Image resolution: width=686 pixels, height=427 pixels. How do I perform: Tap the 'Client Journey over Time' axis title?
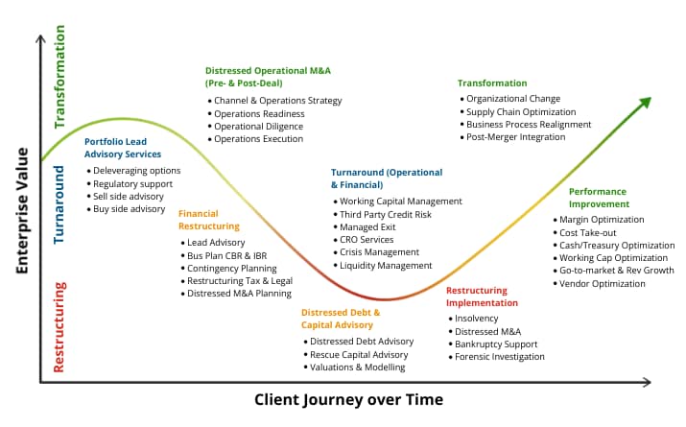click(x=348, y=399)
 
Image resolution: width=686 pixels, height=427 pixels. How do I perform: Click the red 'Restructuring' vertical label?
click(x=59, y=326)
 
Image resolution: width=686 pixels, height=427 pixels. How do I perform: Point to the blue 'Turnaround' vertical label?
click(x=59, y=203)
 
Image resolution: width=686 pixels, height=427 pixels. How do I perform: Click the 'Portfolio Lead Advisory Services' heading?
click(x=123, y=148)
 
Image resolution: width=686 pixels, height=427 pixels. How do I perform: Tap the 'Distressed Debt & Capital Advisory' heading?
click(x=341, y=319)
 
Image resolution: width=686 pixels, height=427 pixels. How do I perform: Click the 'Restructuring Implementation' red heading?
click(x=482, y=297)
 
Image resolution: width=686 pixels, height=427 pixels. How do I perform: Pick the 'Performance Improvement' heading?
click(x=599, y=198)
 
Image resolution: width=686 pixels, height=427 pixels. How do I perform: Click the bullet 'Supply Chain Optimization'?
click(x=528, y=112)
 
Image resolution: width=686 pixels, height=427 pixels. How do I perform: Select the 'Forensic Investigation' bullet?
click(x=499, y=357)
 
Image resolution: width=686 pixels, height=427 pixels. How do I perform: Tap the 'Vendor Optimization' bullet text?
click(x=603, y=284)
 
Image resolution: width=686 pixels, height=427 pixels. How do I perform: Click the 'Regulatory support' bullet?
click(x=132, y=183)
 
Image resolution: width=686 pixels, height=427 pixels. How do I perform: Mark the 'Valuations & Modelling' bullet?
click(x=357, y=368)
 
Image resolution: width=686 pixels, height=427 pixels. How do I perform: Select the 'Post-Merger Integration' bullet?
click(x=515, y=137)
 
